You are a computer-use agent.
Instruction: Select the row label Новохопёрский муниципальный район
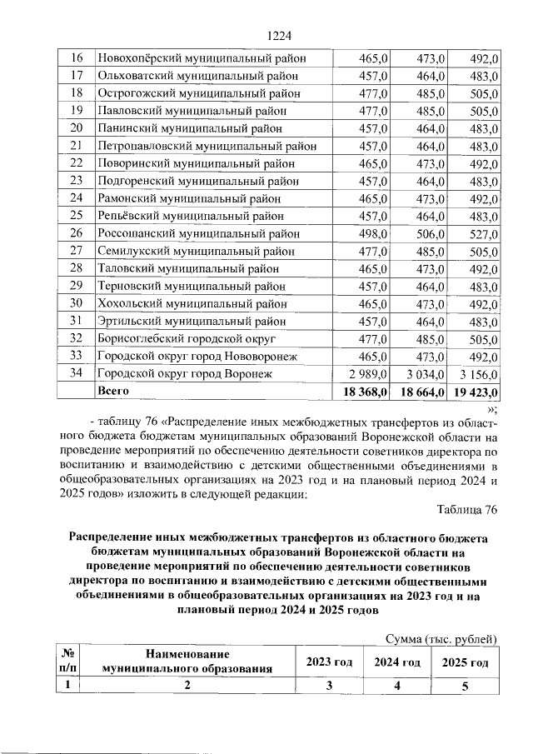pyautogui.click(x=202, y=58)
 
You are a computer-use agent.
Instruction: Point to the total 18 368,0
pyautogui.click(x=361, y=391)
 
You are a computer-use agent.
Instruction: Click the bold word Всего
pyautogui.click(x=114, y=390)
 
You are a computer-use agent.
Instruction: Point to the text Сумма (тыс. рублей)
pyautogui.click(x=441, y=638)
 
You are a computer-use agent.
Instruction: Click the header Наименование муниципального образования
pyautogui.click(x=187, y=662)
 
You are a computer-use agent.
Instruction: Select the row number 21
pyautogui.click(x=76, y=146)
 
